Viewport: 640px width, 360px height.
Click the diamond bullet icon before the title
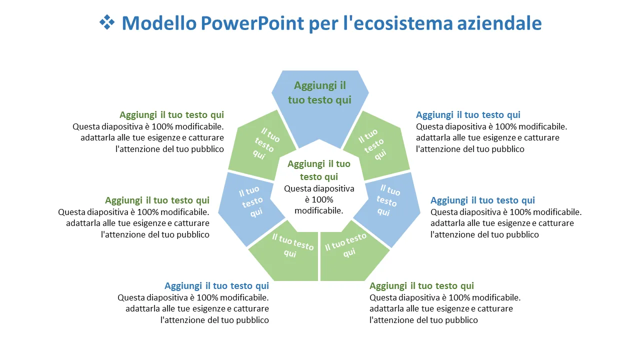[x=107, y=22]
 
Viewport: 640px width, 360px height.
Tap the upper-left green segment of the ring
[x=260, y=145]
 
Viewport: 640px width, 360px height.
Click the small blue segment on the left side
[x=250, y=205]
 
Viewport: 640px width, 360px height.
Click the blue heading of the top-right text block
[x=468, y=115]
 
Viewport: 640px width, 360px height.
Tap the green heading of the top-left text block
[x=171, y=115]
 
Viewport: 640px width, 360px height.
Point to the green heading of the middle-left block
[x=157, y=200]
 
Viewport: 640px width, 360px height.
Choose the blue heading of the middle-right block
[x=482, y=200]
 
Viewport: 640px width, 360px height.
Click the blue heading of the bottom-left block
[x=216, y=286]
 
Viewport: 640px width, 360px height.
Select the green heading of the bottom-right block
[x=421, y=286]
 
